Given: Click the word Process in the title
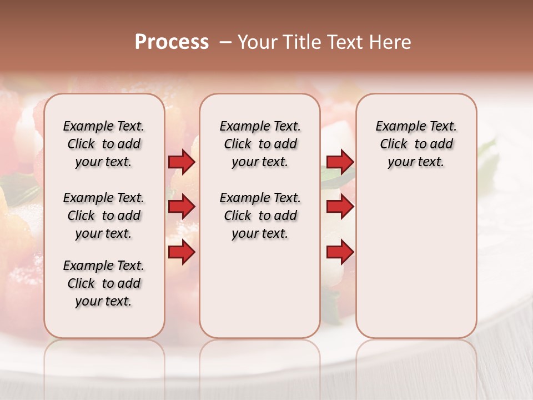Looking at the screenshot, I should click(x=172, y=42).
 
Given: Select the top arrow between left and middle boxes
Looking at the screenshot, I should click(x=182, y=162).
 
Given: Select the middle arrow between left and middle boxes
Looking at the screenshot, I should click(x=182, y=207).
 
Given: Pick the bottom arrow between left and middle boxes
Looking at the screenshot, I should click(x=182, y=252).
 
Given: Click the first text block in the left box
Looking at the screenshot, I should click(x=104, y=144).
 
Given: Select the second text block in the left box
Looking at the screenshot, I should click(x=104, y=216).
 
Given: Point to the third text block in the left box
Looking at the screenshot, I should click(x=104, y=283).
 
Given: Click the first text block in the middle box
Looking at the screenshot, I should click(x=260, y=144).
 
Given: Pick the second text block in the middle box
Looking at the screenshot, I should click(x=260, y=216).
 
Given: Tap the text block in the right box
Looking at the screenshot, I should click(x=416, y=144).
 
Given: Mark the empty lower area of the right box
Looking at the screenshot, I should click(x=416, y=261).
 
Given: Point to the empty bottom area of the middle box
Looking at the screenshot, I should click(x=260, y=294).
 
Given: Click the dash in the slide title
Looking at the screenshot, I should click(x=225, y=42).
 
